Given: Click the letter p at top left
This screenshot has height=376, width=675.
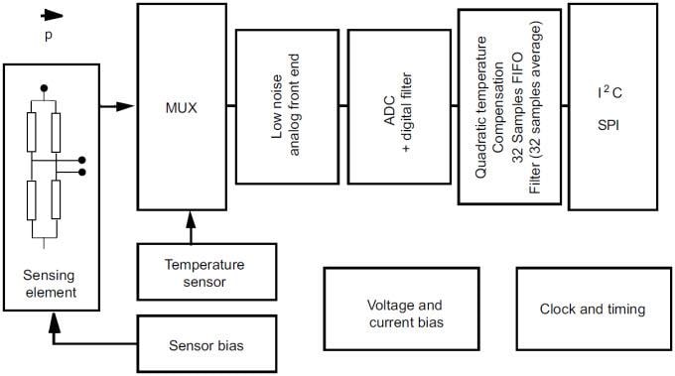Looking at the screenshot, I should [x=48, y=35].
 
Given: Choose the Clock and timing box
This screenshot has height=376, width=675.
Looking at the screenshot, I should [x=592, y=309].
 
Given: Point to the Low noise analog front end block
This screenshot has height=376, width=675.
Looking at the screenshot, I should [x=284, y=105].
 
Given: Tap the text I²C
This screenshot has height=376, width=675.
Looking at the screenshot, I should [x=610, y=94].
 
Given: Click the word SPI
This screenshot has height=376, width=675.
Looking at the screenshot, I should [x=610, y=125].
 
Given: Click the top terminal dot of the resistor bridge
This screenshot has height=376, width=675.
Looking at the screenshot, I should [x=43, y=88].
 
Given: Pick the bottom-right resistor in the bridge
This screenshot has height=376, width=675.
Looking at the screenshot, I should [x=56, y=195].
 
